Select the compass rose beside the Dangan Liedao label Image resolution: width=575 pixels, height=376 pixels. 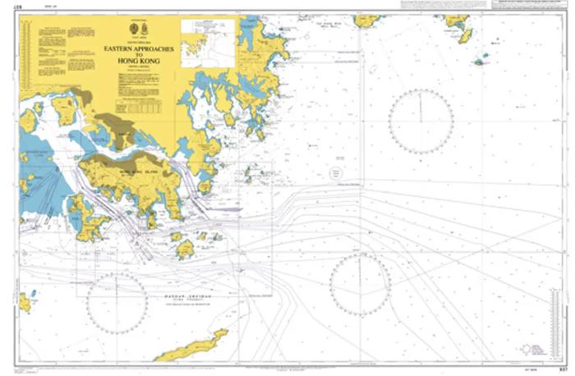point(117,302)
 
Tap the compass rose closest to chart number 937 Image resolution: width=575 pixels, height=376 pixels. point(360,284)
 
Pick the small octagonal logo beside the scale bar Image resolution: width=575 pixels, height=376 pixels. point(519,350)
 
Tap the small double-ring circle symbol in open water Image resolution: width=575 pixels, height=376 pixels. point(335,174)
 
